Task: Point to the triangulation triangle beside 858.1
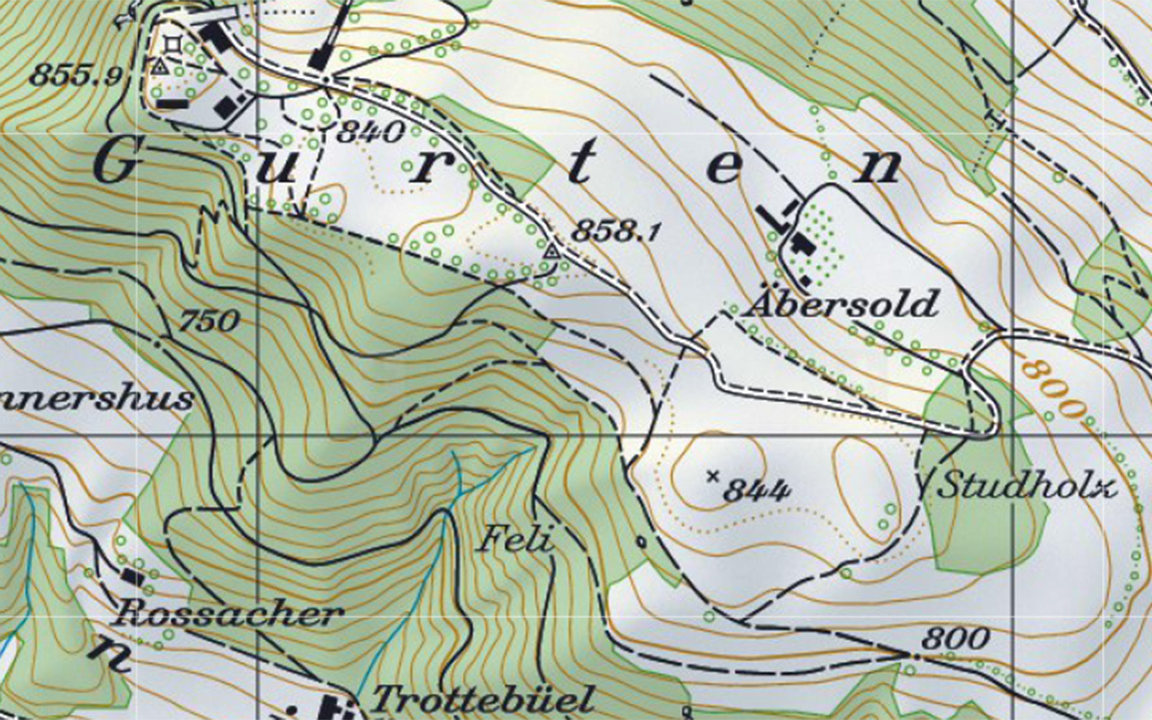point(551,251)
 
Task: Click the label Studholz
point(1028,485)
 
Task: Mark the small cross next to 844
point(713,475)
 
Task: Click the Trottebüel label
point(483,699)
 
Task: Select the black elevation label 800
point(956,638)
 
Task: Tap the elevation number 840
point(371,132)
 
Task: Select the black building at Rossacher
point(133,577)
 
